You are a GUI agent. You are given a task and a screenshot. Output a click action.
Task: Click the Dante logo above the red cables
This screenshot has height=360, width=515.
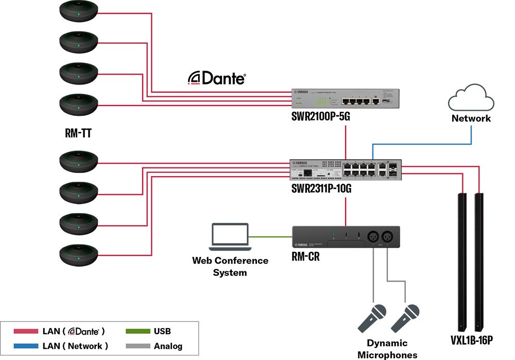pyautogui.click(x=216, y=78)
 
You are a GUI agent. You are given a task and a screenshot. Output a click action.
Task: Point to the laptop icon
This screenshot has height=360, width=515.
pyautogui.click(x=230, y=237)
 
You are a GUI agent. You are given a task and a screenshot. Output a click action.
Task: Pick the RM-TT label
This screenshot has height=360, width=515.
pyautogui.click(x=78, y=135)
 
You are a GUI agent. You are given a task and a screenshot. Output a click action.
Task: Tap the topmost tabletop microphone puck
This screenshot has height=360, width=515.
pyautogui.click(x=78, y=12)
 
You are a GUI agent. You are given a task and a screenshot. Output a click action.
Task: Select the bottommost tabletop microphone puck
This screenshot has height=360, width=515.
pyautogui.click(x=78, y=255)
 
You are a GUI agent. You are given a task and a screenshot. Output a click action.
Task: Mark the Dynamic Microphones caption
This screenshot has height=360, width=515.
pyautogui.click(x=387, y=349)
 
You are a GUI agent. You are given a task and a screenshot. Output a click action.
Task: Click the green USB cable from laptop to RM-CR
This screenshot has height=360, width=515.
pyautogui.click(x=270, y=237)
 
